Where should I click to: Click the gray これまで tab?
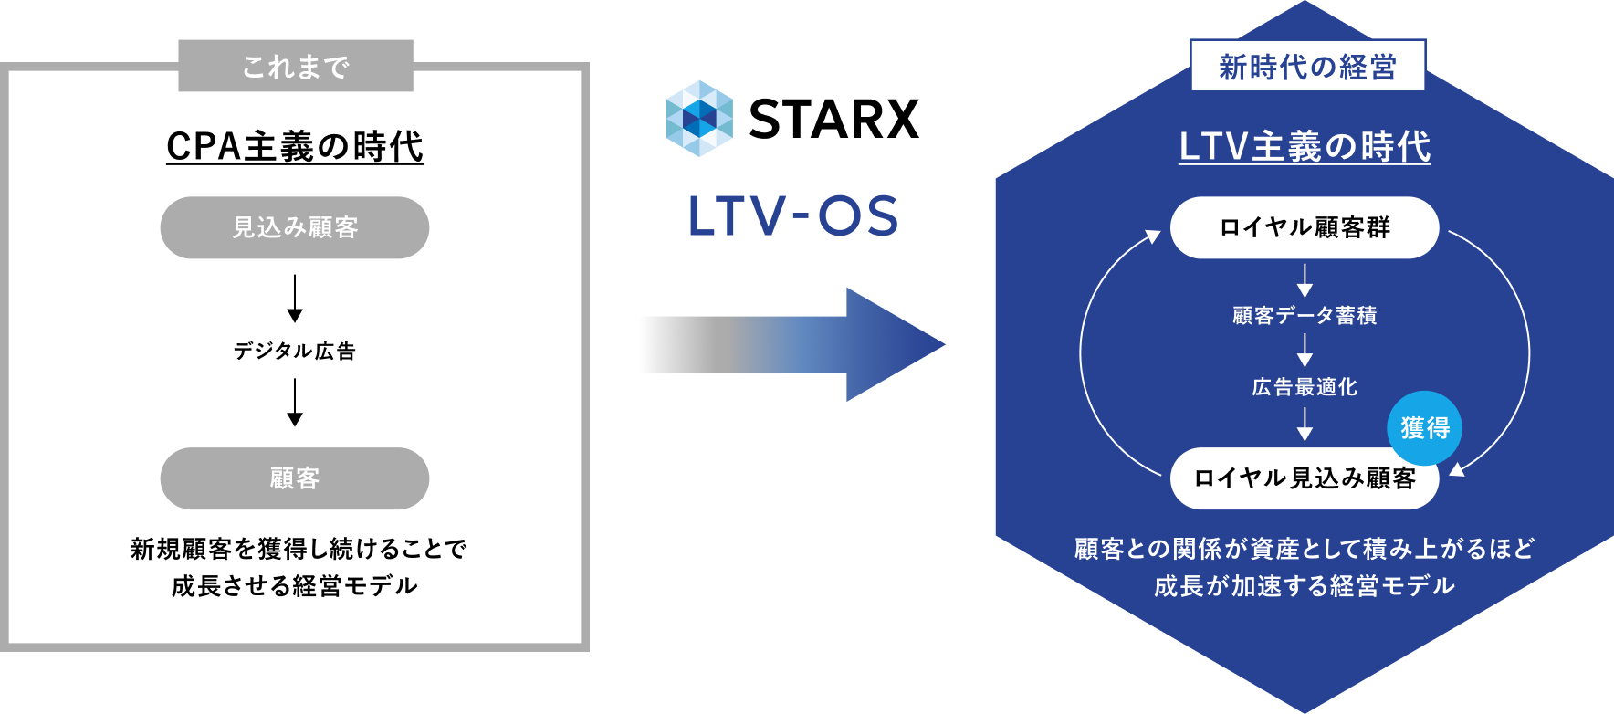tap(296, 66)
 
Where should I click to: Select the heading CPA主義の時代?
tap(295, 146)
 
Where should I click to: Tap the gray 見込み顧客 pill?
tap(295, 227)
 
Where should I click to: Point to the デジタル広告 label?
tap(295, 351)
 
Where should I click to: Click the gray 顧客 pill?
tap(295, 478)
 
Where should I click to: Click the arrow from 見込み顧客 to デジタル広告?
tap(295, 299)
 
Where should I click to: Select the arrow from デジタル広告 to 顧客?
tap(295, 403)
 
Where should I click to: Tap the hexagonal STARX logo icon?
tap(699, 119)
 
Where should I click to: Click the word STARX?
tap(833, 119)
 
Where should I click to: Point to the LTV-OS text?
tap(793, 216)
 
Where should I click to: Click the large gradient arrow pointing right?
tap(792, 344)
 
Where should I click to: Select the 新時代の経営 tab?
tap(1308, 66)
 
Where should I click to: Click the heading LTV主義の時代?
tap(1305, 146)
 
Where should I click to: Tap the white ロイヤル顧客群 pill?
tap(1305, 227)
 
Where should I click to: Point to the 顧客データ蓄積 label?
tap(1305, 316)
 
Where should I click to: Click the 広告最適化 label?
tap(1305, 387)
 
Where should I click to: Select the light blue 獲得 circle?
tap(1424, 427)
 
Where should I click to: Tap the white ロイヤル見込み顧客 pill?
tap(1305, 478)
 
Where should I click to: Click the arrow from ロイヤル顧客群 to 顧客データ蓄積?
tap(1305, 280)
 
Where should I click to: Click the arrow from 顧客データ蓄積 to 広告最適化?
tap(1305, 351)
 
